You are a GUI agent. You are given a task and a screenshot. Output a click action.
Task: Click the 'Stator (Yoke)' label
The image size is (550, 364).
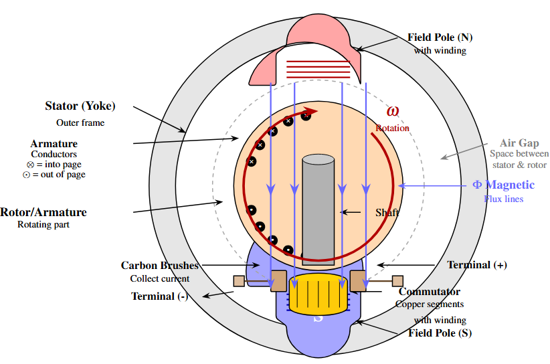tap(80, 106)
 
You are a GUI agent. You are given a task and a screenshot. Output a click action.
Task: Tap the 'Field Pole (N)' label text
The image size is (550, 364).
tap(440, 37)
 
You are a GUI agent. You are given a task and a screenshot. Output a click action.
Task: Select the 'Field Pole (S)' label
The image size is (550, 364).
tap(440, 333)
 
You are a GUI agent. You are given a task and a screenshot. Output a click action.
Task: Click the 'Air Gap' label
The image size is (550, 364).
tap(519, 143)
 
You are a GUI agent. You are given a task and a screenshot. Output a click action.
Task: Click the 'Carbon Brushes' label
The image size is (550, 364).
tap(160, 266)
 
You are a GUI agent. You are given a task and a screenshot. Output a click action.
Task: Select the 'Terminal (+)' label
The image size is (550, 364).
tap(476, 265)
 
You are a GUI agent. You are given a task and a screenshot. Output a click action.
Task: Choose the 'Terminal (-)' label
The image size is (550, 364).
tap(159, 296)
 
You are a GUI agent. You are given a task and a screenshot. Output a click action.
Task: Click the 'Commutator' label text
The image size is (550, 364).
tap(429, 292)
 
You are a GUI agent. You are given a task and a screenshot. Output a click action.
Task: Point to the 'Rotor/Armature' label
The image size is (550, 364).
tap(43, 212)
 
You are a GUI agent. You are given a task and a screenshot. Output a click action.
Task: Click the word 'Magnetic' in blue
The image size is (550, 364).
tap(510, 185)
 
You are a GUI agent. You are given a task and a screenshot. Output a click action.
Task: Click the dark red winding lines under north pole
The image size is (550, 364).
tap(318, 70)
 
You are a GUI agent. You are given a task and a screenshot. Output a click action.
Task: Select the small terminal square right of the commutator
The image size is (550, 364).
tap(397, 280)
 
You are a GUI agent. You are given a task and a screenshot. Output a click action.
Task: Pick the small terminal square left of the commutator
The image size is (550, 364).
tap(239, 281)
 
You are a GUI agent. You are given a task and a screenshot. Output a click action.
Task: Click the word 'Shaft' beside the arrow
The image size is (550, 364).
tap(387, 213)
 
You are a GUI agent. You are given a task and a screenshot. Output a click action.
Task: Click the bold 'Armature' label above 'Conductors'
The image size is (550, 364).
tap(54, 144)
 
